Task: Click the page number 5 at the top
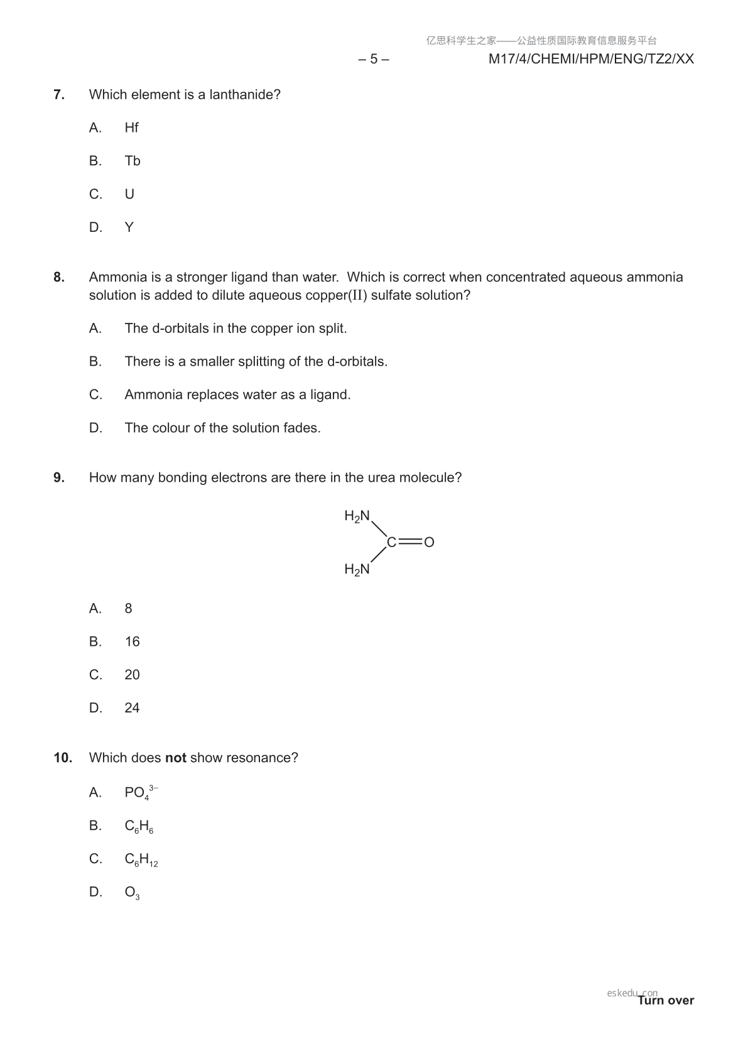(374, 59)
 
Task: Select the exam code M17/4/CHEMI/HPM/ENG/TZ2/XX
(591, 59)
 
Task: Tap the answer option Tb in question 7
(133, 161)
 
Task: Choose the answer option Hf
(131, 128)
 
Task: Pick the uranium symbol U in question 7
(129, 194)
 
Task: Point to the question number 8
(59, 277)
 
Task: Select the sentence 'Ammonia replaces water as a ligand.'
(237, 395)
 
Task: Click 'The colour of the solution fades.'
(222, 428)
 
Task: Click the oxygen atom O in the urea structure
(430, 542)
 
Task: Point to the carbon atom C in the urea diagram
(391, 542)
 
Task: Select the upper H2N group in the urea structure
(357, 516)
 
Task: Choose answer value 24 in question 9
(132, 708)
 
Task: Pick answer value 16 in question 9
(132, 641)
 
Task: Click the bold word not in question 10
(175, 758)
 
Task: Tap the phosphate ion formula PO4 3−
(141, 792)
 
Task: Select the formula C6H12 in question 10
(141, 859)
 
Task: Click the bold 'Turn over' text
(666, 1000)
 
